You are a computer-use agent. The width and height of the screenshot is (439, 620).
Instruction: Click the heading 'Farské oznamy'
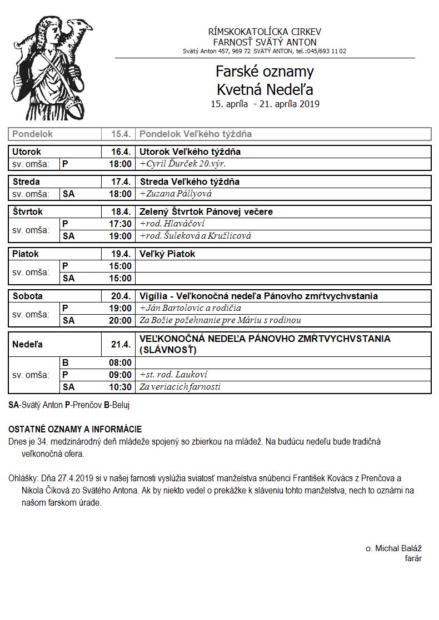tap(265, 72)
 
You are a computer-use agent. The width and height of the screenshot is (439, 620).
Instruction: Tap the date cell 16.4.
tap(121, 152)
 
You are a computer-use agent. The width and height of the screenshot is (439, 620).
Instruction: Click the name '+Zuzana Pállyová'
tap(176, 194)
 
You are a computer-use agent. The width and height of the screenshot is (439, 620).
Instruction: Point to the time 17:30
tap(121, 224)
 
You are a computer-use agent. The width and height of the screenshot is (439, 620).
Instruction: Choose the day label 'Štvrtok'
tap(28, 211)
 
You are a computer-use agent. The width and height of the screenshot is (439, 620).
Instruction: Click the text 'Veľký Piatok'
tap(167, 254)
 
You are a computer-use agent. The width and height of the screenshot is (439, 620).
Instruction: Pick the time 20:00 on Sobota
tap(121, 320)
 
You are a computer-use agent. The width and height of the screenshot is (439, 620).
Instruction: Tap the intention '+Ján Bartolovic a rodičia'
tap(190, 308)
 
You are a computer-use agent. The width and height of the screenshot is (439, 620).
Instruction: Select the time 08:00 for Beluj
tap(121, 362)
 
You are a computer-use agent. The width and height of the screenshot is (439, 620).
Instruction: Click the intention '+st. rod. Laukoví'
tap(173, 375)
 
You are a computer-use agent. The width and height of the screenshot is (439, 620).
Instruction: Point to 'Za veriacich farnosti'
tap(180, 387)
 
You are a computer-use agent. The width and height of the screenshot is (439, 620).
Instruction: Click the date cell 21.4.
tap(121, 344)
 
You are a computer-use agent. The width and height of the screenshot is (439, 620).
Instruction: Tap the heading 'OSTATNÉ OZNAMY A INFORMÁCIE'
tap(75, 429)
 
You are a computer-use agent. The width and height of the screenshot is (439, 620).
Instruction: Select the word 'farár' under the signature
tap(413, 558)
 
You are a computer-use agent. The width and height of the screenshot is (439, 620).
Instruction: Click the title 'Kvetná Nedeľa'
tap(265, 89)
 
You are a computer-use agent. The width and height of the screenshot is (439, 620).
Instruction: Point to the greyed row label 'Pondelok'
tap(32, 134)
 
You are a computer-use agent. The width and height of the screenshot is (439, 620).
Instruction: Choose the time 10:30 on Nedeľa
tap(121, 387)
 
